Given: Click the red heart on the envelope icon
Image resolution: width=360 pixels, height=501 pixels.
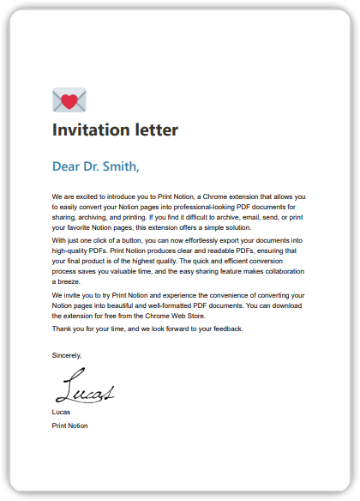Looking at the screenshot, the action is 69,101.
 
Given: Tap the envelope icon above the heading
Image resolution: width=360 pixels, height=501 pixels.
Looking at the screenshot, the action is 69,100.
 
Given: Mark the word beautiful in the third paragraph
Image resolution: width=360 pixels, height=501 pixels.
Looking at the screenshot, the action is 123,305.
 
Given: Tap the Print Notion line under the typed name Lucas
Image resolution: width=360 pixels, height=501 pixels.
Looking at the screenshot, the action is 69,426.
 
